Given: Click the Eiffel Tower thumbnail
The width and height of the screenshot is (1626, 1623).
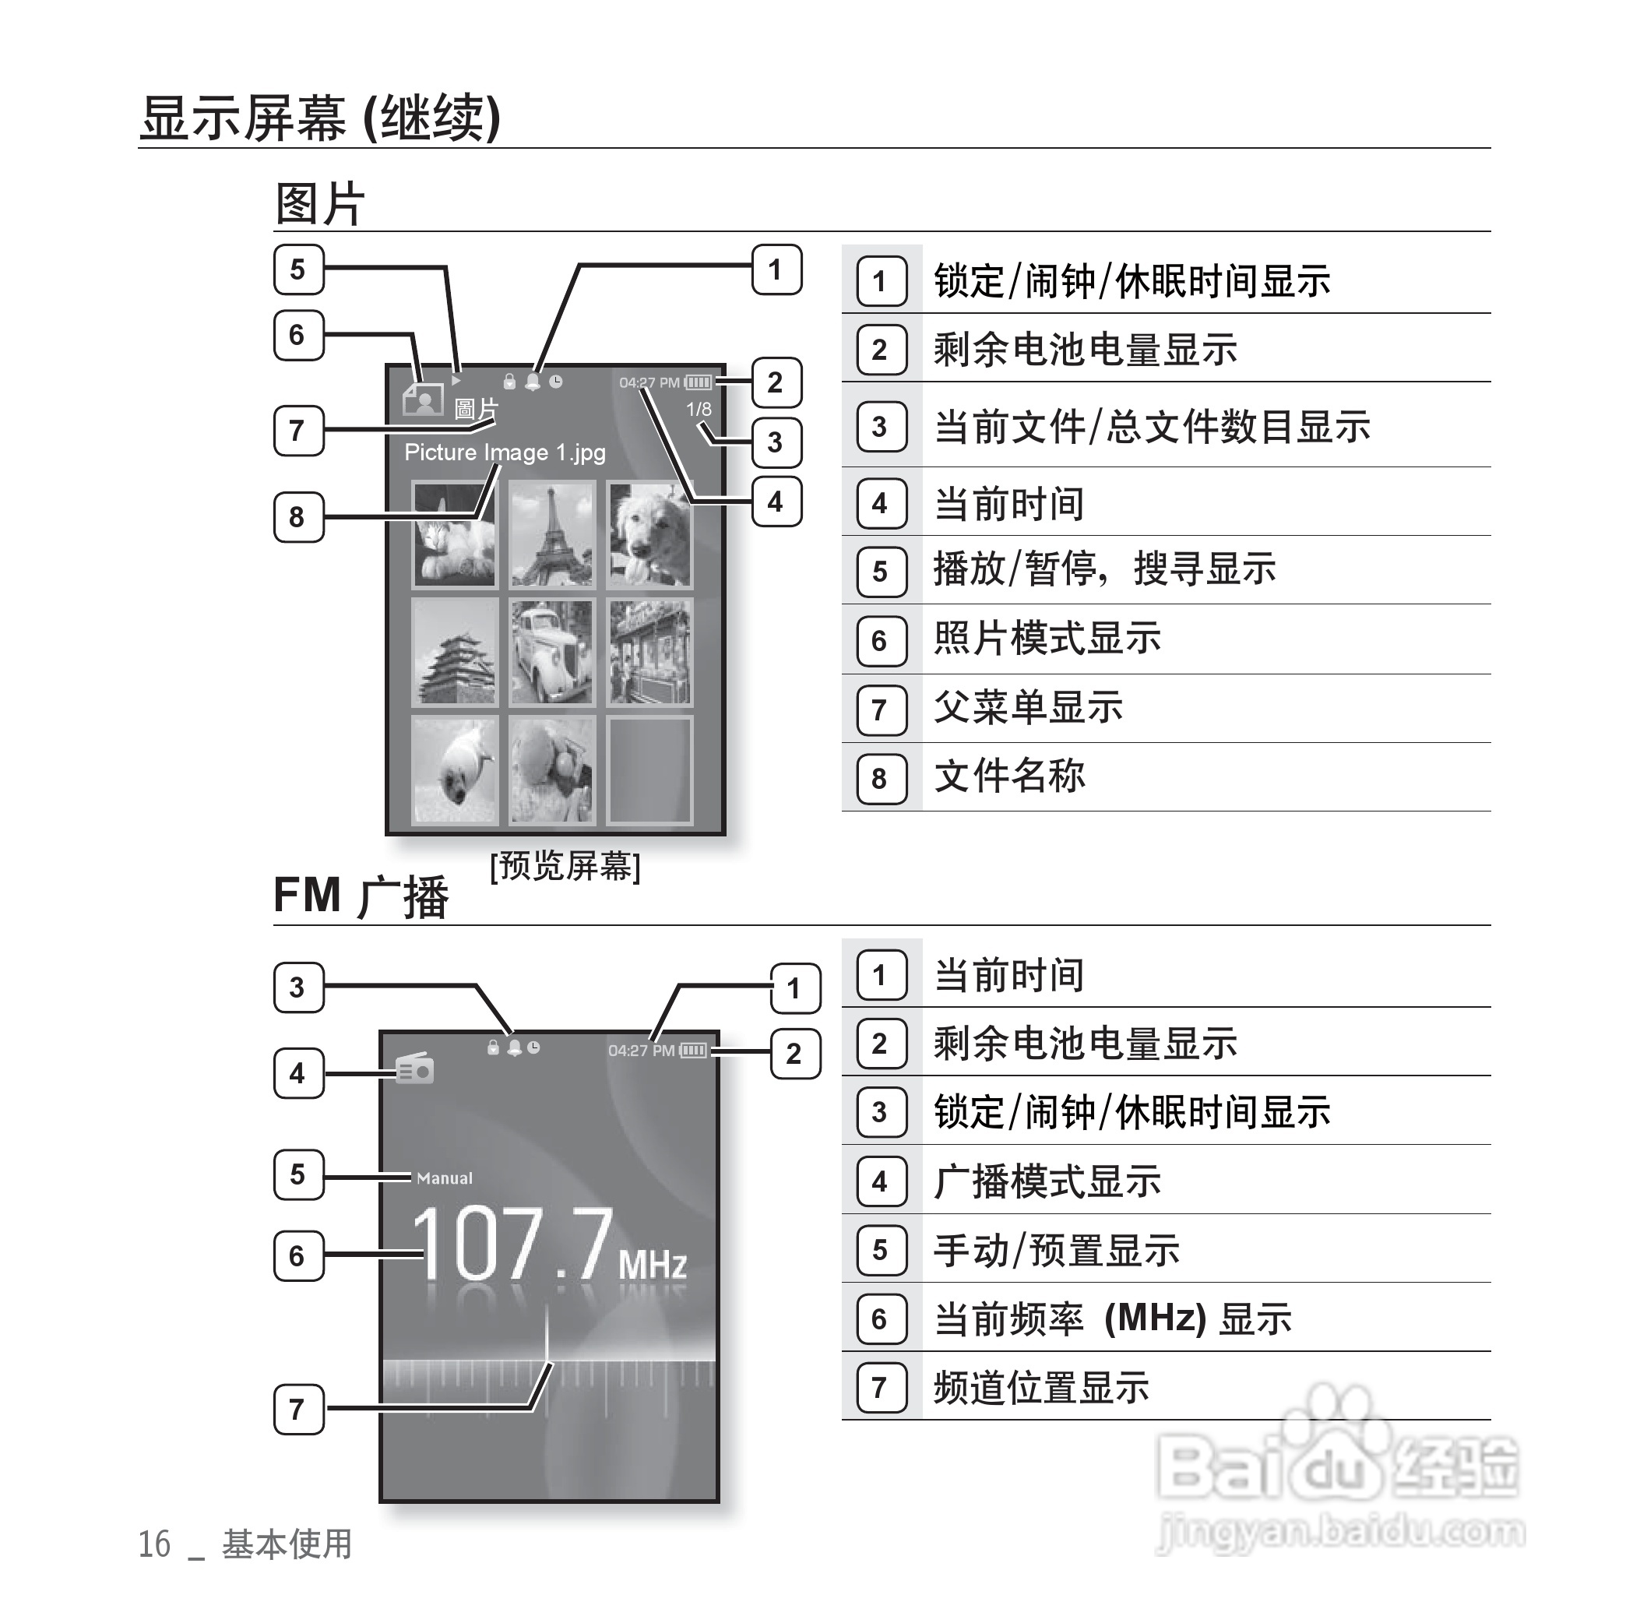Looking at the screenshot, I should click(x=551, y=533).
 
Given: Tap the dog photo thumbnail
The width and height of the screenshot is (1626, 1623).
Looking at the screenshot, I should click(x=649, y=533).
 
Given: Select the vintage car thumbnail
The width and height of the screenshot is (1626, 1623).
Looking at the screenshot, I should click(x=551, y=653).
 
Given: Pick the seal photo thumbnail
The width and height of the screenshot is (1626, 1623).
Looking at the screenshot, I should click(x=455, y=770).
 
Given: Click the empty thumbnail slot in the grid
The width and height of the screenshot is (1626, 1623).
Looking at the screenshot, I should click(x=649, y=770).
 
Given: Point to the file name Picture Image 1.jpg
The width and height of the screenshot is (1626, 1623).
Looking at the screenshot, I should click(x=504, y=453).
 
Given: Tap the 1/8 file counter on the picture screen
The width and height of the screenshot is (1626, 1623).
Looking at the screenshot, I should click(x=699, y=410).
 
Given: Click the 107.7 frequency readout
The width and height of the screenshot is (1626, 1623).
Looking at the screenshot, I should click(x=513, y=1245).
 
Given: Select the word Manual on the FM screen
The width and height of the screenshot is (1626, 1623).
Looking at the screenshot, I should click(x=445, y=1178).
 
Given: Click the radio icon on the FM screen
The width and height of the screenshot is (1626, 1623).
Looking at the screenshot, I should click(x=415, y=1070).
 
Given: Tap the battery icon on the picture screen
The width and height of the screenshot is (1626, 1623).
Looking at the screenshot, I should click(x=698, y=383).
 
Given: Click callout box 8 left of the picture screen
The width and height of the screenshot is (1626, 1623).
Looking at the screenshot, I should click(x=298, y=517).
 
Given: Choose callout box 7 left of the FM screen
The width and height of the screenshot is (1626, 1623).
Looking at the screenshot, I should click(x=298, y=1409).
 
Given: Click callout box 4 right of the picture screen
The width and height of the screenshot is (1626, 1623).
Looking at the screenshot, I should click(x=775, y=502).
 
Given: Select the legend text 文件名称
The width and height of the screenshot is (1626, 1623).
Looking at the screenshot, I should click(x=1009, y=776).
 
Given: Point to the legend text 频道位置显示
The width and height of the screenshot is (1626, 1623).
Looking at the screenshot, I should click(x=1041, y=1386).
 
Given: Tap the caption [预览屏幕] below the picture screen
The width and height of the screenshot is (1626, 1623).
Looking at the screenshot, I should click(x=565, y=866).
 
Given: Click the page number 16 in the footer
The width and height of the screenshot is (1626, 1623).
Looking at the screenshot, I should click(x=154, y=1544).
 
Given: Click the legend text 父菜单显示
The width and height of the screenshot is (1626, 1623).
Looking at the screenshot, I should click(x=1028, y=707).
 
